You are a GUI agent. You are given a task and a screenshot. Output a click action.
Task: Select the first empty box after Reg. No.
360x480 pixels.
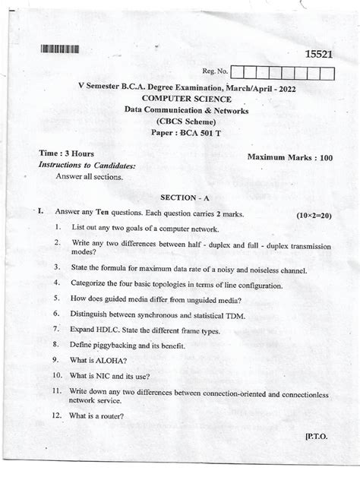237,74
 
